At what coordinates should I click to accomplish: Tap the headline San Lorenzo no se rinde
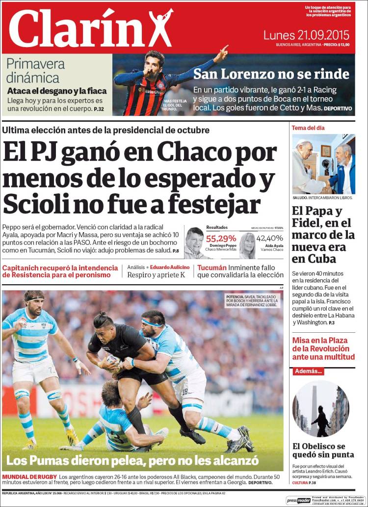click(271, 74)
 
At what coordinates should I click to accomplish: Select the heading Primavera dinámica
click(36, 71)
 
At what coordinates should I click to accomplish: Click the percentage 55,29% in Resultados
click(221, 239)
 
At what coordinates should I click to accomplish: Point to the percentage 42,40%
click(270, 239)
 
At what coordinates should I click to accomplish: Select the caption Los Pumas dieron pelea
click(132, 460)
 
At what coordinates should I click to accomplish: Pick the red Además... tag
click(309, 372)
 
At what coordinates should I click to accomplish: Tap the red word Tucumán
click(212, 268)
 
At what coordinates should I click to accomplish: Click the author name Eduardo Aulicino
click(170, 267)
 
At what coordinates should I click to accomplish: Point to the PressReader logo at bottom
click(299, 500)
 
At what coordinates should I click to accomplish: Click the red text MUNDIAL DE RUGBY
click(29, 477)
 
